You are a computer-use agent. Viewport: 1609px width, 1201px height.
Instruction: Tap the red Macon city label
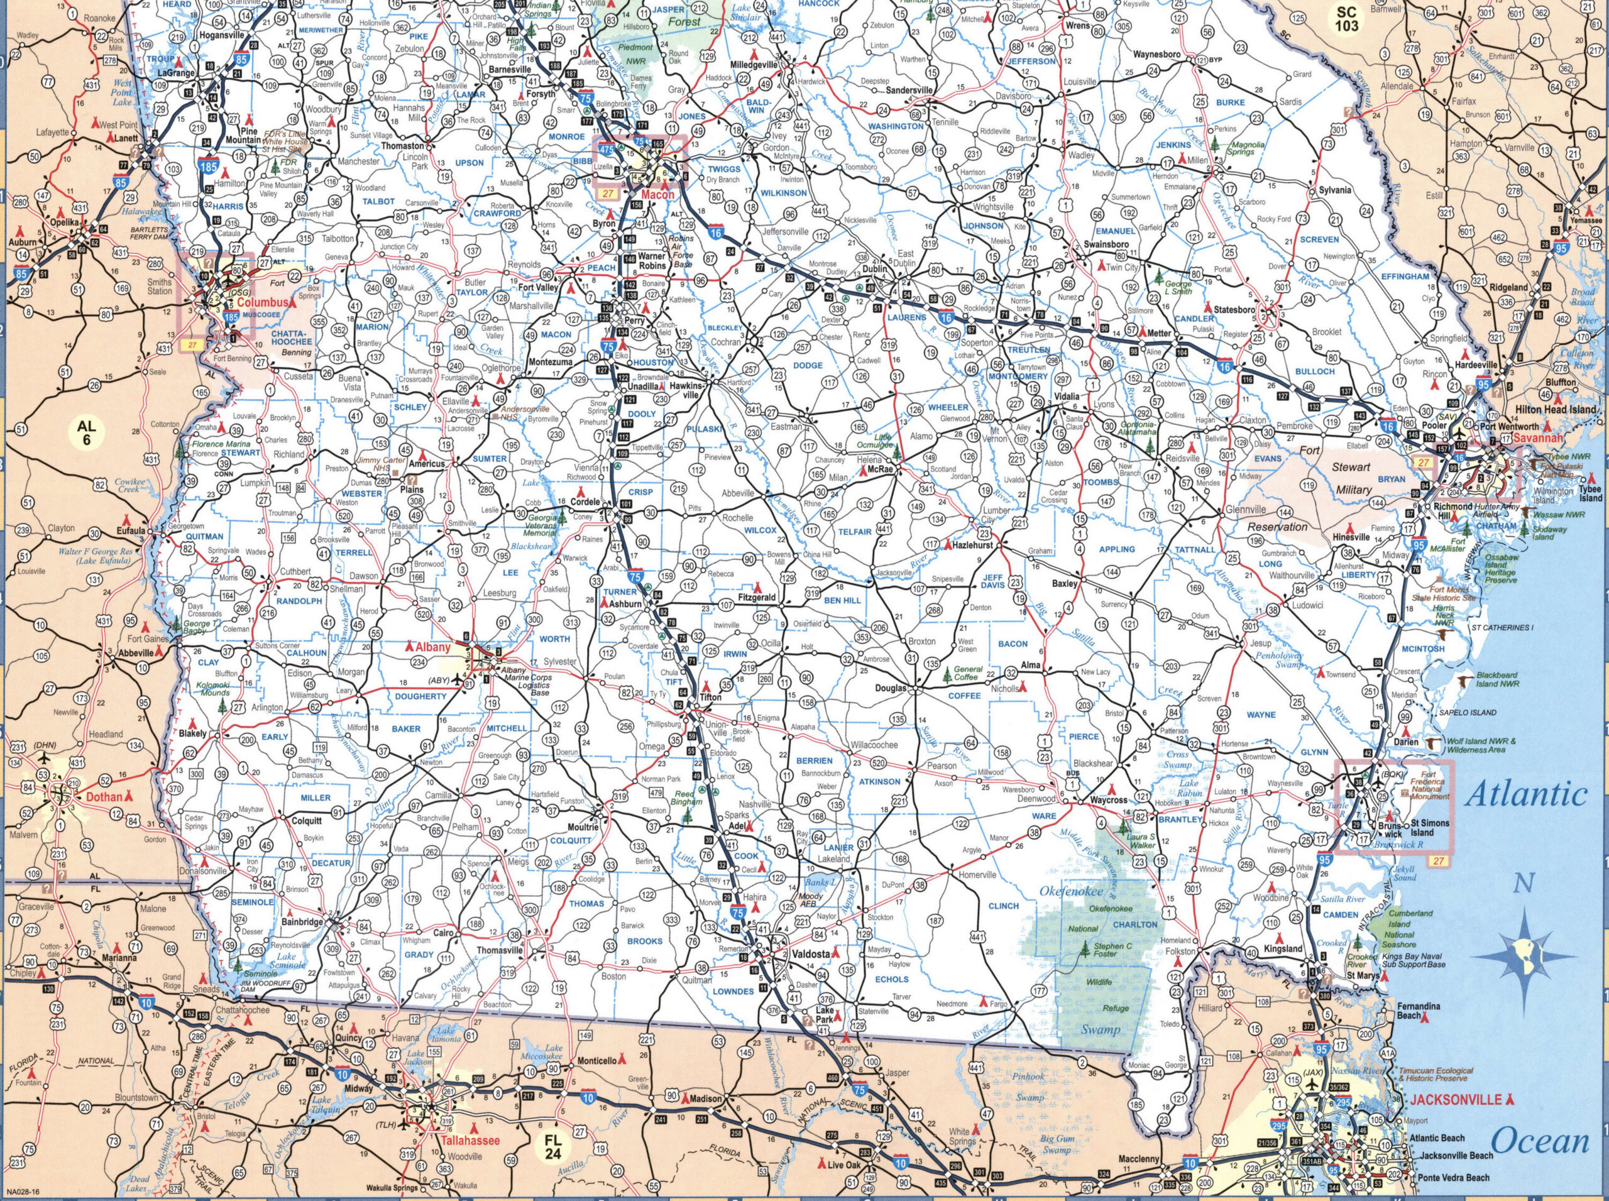657,195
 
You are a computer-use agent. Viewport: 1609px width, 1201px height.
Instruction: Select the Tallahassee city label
470,1141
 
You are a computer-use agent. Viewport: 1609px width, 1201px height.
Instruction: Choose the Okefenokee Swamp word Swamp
1100,1029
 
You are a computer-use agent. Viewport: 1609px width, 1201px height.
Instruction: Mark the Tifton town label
710,696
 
